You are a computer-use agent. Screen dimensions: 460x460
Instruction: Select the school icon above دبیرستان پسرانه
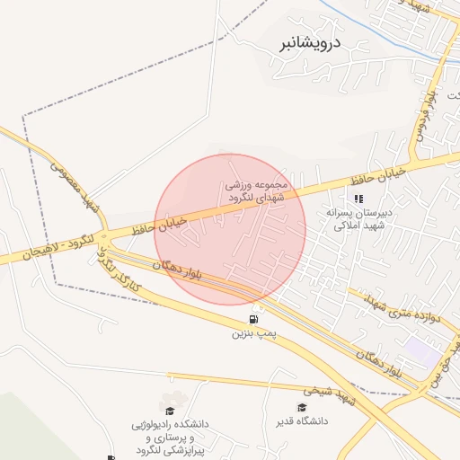[x=358, y=199]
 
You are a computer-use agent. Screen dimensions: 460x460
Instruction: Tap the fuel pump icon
[x=253, y=319]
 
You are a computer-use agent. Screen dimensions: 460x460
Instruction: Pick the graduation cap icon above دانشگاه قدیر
[x=302, y=407]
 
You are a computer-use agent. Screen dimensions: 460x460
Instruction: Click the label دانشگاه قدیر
[x=302, y=420]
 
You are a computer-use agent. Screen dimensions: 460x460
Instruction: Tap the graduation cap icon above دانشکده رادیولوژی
[x=169, y=400]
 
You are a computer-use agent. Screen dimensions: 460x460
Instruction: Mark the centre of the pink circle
[x=230, y=229]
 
